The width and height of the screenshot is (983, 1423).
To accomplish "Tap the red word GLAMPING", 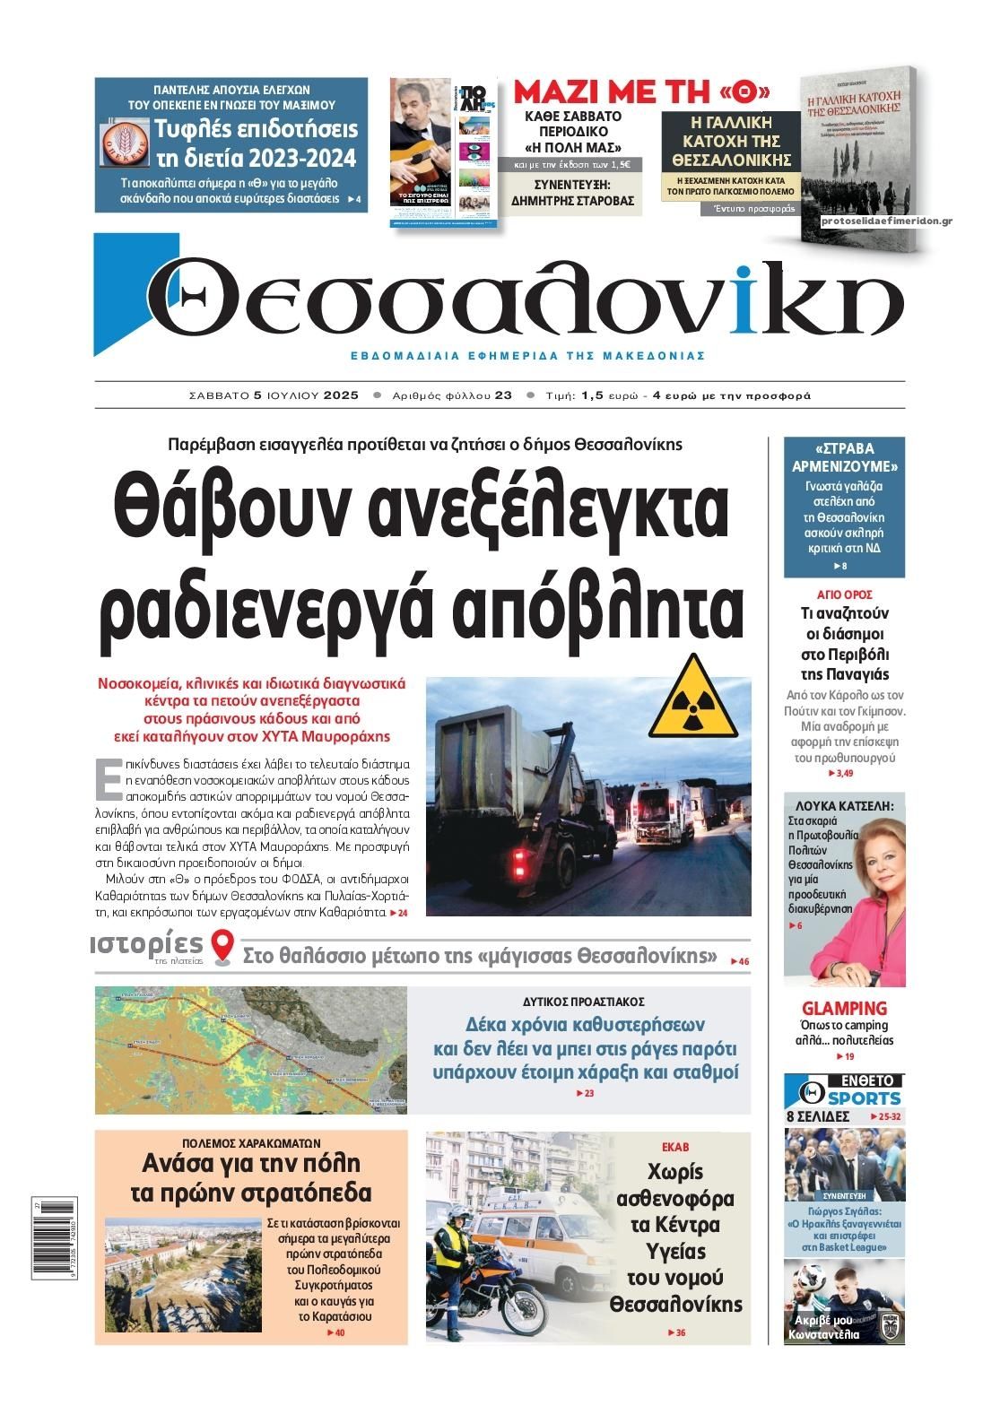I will coord(844,1008).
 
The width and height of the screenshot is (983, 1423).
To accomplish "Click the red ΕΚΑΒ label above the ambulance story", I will coord(674,1147).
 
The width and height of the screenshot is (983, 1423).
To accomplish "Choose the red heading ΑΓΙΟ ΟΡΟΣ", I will coord(844,594).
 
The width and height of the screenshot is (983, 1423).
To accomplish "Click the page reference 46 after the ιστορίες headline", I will coord(743,962).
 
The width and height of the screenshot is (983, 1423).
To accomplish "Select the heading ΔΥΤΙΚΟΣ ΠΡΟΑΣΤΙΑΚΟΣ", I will coord(584,1002).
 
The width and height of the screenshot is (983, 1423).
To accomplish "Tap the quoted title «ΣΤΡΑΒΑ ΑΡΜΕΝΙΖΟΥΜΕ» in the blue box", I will coord(844,457).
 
